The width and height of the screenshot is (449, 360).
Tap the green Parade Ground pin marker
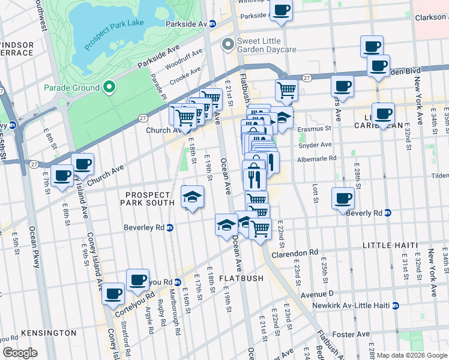[x=109, y=88]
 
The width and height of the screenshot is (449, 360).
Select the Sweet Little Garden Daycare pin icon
[x=228, y=44]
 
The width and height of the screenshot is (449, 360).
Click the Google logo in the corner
[x=20, y=353]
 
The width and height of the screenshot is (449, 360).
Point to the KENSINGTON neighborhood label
[x=48, y=333]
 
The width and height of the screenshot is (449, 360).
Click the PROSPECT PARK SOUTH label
[x=150, y=199]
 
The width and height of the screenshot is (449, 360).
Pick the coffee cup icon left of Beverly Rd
[x=343, y=198]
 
